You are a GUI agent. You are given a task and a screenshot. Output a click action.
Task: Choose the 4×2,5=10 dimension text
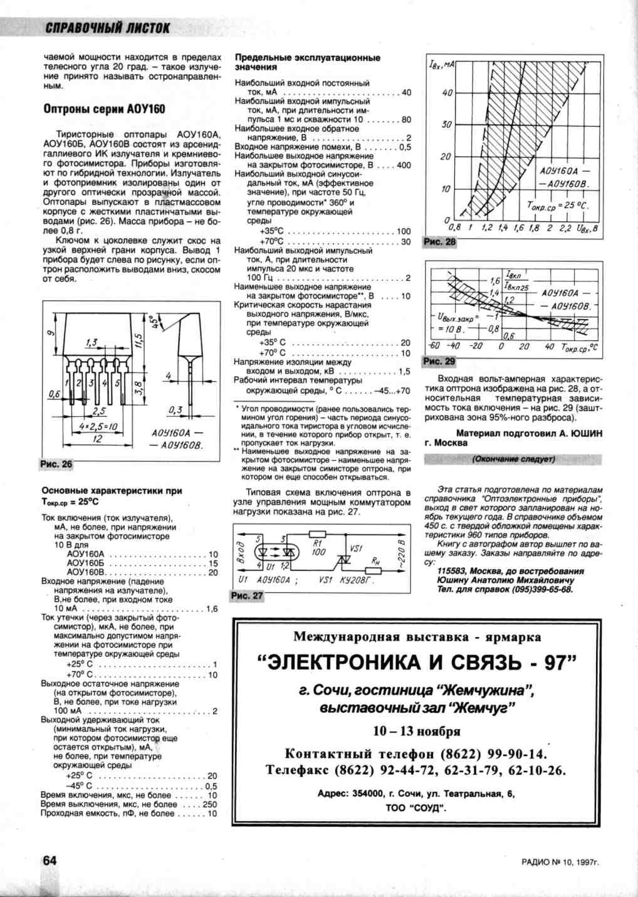[x=98, y=426]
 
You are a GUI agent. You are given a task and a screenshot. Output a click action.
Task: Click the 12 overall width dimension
[x=97, y=439]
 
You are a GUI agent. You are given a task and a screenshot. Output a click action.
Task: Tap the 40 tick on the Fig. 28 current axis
[x=447, y=93]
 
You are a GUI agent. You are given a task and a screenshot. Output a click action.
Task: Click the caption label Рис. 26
[x=56, y=464]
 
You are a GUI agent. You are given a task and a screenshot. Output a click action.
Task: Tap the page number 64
[x=50, y=861]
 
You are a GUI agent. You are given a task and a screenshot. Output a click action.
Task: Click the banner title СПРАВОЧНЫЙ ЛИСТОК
[x=108, y=28]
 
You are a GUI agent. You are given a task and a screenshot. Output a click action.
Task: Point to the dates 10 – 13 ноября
[x=417, y=732]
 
